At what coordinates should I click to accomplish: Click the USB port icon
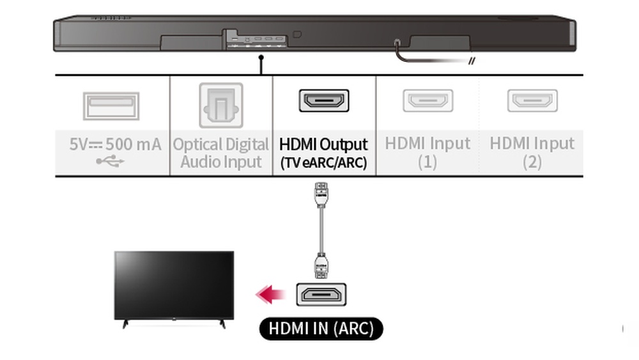111,106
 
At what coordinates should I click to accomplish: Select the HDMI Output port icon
324,100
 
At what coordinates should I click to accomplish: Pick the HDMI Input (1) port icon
427,100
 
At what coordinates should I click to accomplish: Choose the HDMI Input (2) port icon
532,100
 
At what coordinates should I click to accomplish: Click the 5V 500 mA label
115,144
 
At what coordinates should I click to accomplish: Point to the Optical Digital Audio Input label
221,153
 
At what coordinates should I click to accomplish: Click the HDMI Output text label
323,144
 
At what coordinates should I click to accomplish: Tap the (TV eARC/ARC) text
323,162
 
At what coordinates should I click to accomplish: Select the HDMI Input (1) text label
427,152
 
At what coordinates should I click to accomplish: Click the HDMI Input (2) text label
532,152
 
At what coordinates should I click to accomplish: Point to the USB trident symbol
111,161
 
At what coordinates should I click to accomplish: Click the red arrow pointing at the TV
270,294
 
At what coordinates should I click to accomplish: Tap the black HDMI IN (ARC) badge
321,329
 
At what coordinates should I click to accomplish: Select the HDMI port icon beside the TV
321,294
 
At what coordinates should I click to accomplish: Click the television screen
173,284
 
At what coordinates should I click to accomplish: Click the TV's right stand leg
222,324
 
